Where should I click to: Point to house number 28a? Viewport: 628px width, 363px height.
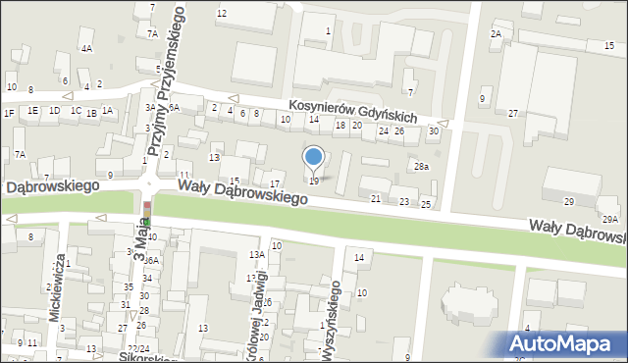click(421, 167)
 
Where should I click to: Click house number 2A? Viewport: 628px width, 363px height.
click(497, 34)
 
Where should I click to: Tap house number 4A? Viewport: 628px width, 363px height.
click(86, 48)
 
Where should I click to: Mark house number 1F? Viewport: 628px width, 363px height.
click(9, 114)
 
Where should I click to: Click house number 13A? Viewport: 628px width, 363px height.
click(256, 255)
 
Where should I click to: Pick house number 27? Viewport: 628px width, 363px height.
click(512, 114)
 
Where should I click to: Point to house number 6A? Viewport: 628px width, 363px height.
click(174, 108)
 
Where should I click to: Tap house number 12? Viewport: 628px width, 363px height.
click(222, 13)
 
